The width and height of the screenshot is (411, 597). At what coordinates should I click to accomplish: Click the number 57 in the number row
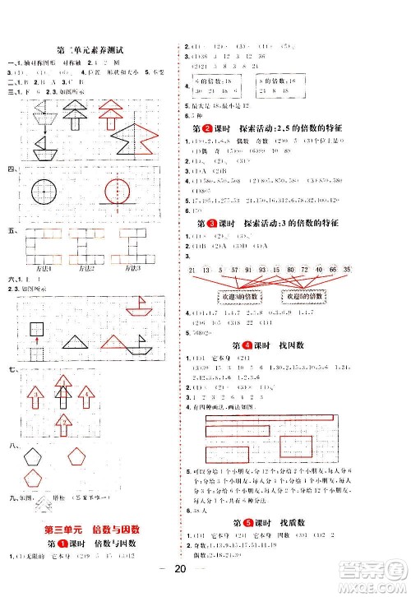[x=236, y=271]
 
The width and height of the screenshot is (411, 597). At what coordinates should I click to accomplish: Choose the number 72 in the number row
[x=316, y=271]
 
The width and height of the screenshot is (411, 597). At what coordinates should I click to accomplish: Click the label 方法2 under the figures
[x=90, y=267]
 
